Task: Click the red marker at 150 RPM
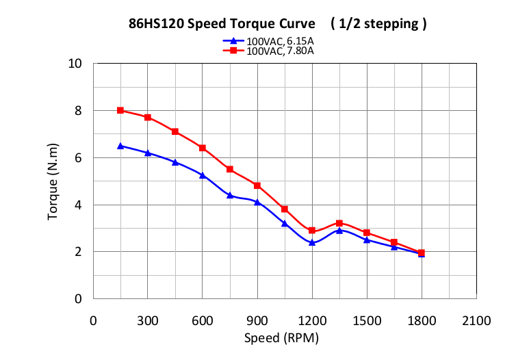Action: pos(120,110)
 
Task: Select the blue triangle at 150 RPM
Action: pos(120,146)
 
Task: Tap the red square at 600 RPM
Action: pos(203,148)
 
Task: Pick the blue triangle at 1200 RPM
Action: pos(312,242)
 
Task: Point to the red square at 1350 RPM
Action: pos(339,223)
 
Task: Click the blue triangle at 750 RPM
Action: pos(230,195)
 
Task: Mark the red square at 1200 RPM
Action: pos(312,231)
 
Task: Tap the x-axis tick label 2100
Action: pos(476,320)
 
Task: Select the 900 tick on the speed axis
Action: pos(257,320)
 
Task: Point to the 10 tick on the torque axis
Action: pos(75,64)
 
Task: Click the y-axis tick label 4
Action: pos(78,205)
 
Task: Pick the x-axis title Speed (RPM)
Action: pos(281,337)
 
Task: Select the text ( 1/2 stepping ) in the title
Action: pos(378,23)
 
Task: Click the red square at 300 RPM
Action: pos(148,117)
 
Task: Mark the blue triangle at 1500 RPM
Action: pos(367,240)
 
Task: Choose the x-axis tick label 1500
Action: pos(367,320)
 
